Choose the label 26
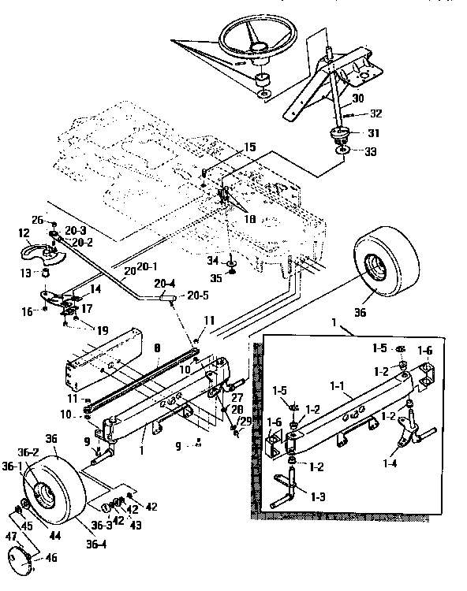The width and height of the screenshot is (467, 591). [36, 220]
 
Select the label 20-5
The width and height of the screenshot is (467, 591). [199, 297]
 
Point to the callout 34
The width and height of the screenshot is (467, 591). [212, 260]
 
